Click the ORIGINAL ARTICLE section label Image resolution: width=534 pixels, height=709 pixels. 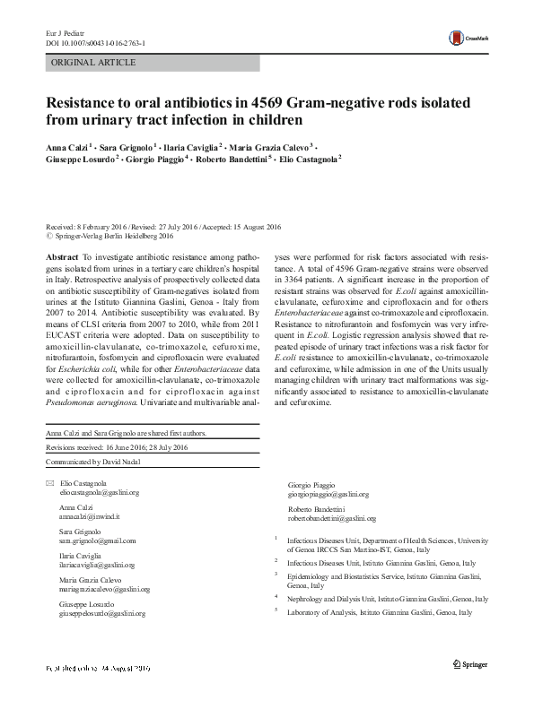click(x=93, y=62)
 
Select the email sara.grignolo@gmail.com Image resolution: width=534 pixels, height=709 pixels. click(x=97, y=541)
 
